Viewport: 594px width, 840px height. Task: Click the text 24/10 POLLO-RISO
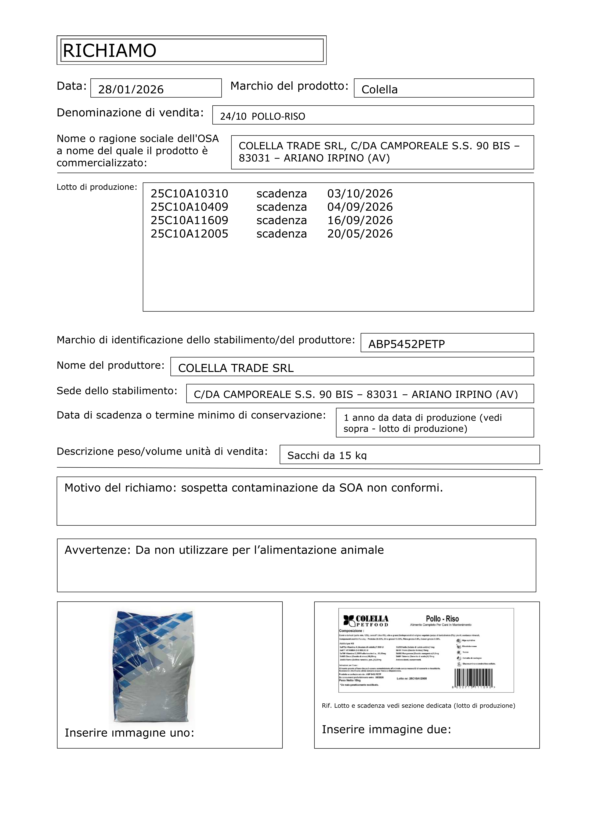tap(262, 116)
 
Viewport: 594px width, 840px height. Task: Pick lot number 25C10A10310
tap(189, 194)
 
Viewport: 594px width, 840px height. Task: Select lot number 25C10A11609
tap(189, 220)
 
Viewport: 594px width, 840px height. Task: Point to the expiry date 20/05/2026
tap(360, 234)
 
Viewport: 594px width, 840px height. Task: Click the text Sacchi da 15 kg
tap(327, 455)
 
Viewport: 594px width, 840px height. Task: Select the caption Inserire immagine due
tap(386, 729)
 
